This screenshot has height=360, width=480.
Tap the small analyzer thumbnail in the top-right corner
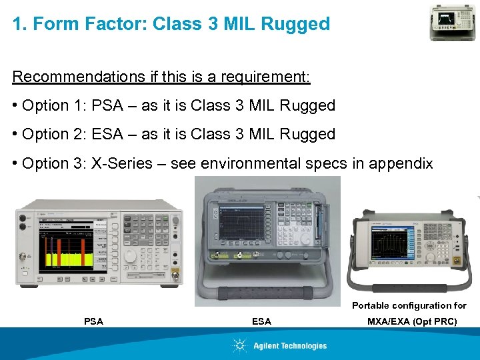pyautogui.click(x=453, y=22)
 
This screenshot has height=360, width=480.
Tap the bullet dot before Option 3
pyautogui.click(x=15, y=163)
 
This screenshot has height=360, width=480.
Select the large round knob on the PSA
pyautogui.click(x=131, y=255)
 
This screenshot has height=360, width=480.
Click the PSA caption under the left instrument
pyautogui.click(x=94, y=321)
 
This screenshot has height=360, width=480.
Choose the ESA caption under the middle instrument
pyautogui.click(x=261, y=321)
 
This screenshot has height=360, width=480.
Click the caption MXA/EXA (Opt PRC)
pyautogui.click(x=412, y=321)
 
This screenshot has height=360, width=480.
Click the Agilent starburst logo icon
pyautogui.click(x=240, y=345)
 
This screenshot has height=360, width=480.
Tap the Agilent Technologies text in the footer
pyautogui.click(x=290, y=345)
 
